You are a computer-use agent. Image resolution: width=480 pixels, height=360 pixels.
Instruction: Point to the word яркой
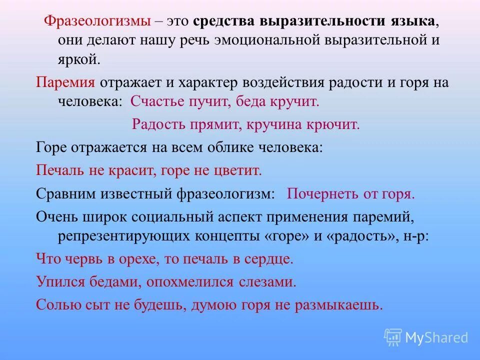78,59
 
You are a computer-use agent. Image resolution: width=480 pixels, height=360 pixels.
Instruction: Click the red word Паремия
65,82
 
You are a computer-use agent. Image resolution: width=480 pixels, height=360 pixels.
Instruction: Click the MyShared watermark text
436,337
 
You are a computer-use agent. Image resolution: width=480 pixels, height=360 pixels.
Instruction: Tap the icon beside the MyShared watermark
393,337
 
